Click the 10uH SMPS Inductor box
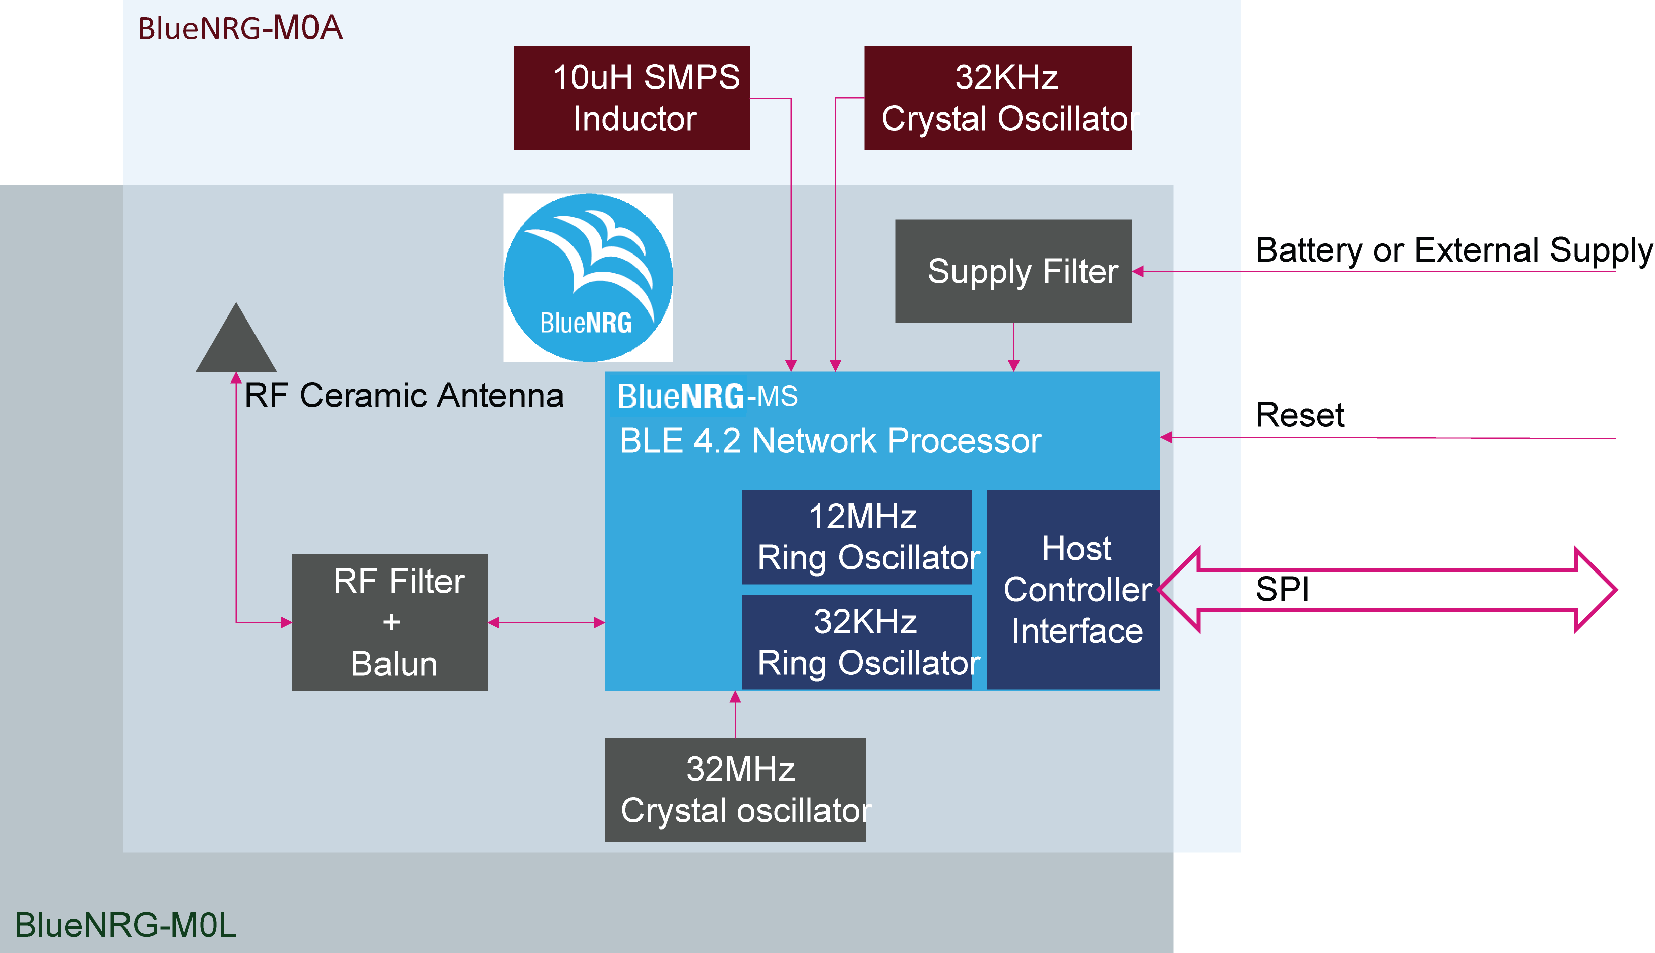coord(631,98)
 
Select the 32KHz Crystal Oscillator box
coord(997,98)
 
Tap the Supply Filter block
coord(1013,271)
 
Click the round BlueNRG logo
coord(588,278)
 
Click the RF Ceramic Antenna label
coord(404,395)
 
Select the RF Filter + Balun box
coord(390,622)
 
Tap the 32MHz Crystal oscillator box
coord(735,789)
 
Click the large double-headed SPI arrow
coord(1387,590)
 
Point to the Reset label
coord(1299,415)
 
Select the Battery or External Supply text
coord(1453,250)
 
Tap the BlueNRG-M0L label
coord(125,924)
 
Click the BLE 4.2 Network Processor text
coord(830,440)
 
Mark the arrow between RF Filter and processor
coord(546,622)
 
